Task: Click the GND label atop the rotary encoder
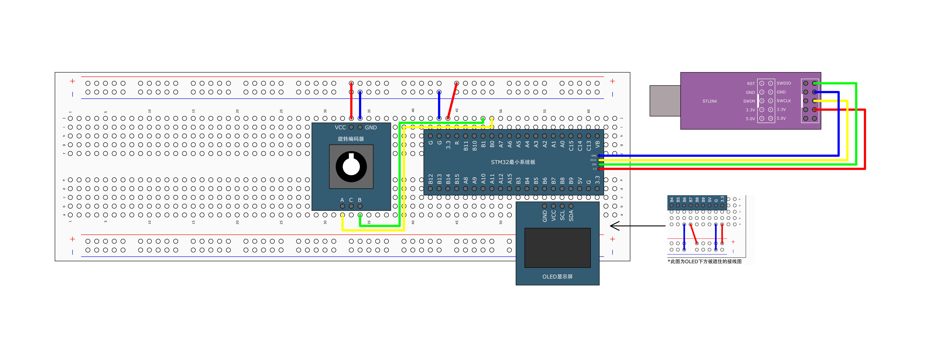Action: (x=371, y=127)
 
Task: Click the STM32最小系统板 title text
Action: (x=513, y=162)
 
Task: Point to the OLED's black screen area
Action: (x=557, y=248)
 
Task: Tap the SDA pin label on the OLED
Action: (x=571, y=215)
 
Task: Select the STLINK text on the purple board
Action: (x=710, y=101)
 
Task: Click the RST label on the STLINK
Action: (x=751, y=84)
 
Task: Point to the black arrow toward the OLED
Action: (x=637, y=226)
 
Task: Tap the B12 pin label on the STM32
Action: (x=431, y=179)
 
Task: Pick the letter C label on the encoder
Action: (x=351, y=200)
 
